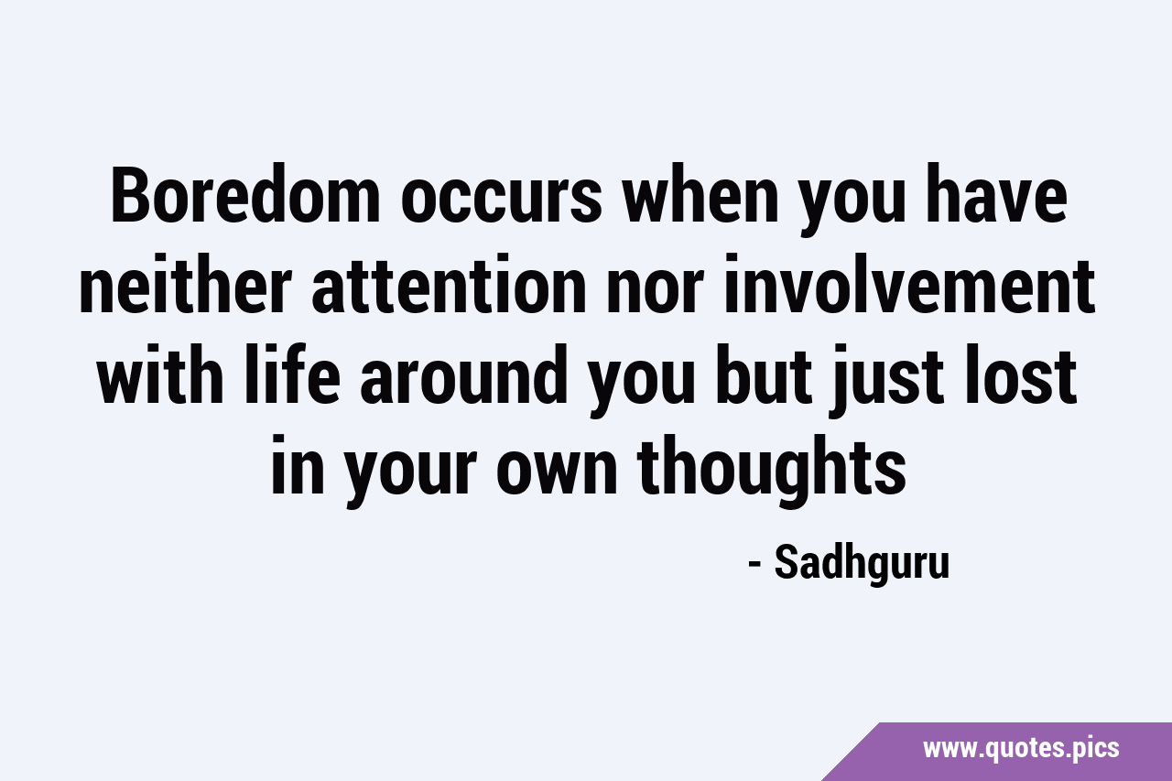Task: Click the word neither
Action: [x=185, y=285]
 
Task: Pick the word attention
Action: [x=449, y=285]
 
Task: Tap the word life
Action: [x=292, y=374]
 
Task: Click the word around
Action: [x=464, y=374]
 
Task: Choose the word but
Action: [x=764, y=374]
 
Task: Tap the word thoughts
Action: [x=772, y=471]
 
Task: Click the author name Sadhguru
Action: [x=862, y=564]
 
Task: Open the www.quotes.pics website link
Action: [x=1021, y=749]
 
